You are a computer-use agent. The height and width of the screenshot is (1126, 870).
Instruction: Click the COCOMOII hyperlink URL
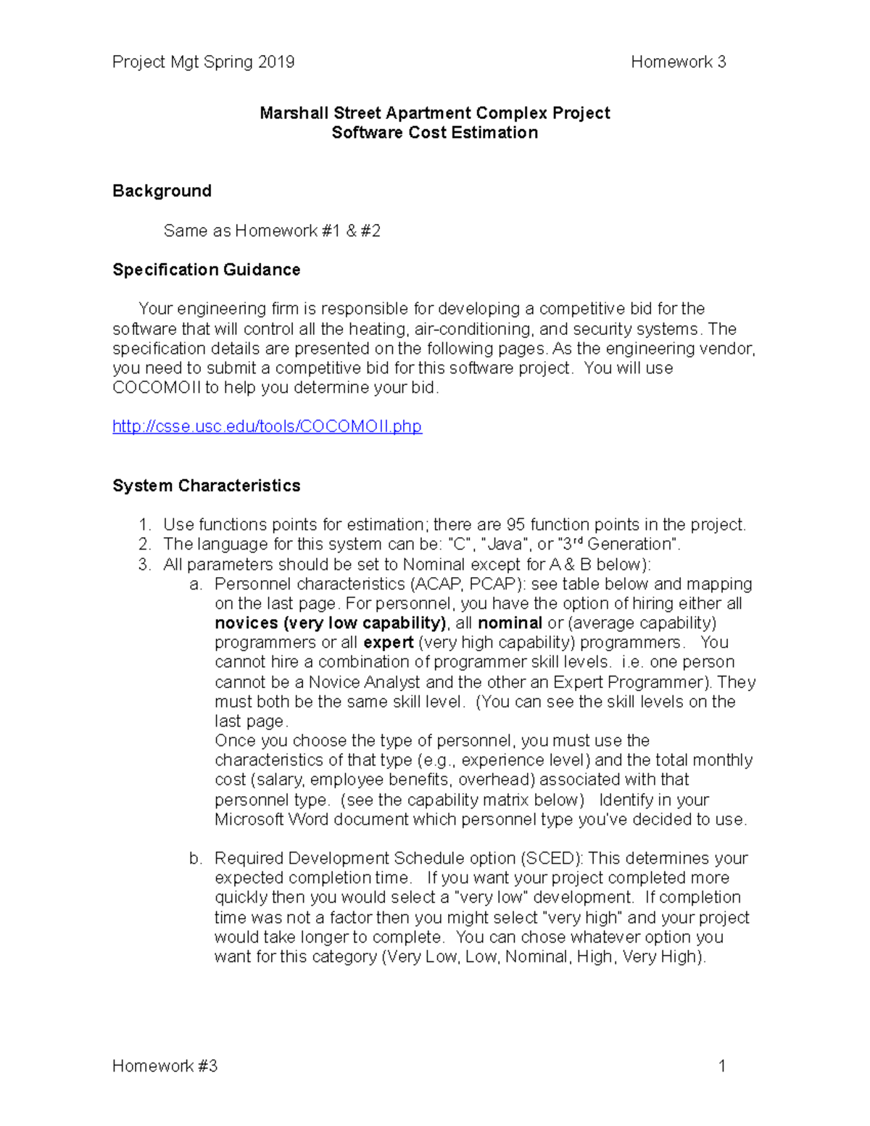click(x=267, y=426)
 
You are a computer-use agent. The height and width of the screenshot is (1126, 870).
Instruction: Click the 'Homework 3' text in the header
click(x=678, y=62)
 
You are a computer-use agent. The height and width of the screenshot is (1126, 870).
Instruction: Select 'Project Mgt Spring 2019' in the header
click(x=203, y=62)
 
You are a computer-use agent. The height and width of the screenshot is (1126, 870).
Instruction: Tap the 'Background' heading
click(x=162, y=191)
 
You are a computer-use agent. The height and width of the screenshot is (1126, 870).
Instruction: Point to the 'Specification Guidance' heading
click(x=206, y=270)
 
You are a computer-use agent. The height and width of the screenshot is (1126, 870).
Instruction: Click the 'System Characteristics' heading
click(x=206, y=486)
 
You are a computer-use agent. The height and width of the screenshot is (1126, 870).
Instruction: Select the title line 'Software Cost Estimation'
click(x=434, y=133)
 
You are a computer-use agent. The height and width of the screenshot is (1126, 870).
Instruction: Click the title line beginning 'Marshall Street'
click(x=434, y=113)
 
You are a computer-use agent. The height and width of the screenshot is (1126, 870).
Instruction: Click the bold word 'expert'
click(x=388, y=643)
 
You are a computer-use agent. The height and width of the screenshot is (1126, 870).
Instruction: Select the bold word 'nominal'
click(x=510, y=624)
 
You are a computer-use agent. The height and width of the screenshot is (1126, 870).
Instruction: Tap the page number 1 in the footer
click(x=721, y=1066)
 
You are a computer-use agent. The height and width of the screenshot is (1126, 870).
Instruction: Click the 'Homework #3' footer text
click(x=165, y=1066)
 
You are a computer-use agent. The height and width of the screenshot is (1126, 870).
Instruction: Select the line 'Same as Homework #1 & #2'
click(x=272, y=231)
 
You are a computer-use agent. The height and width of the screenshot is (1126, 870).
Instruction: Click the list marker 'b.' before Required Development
click(x=195, y=858)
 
